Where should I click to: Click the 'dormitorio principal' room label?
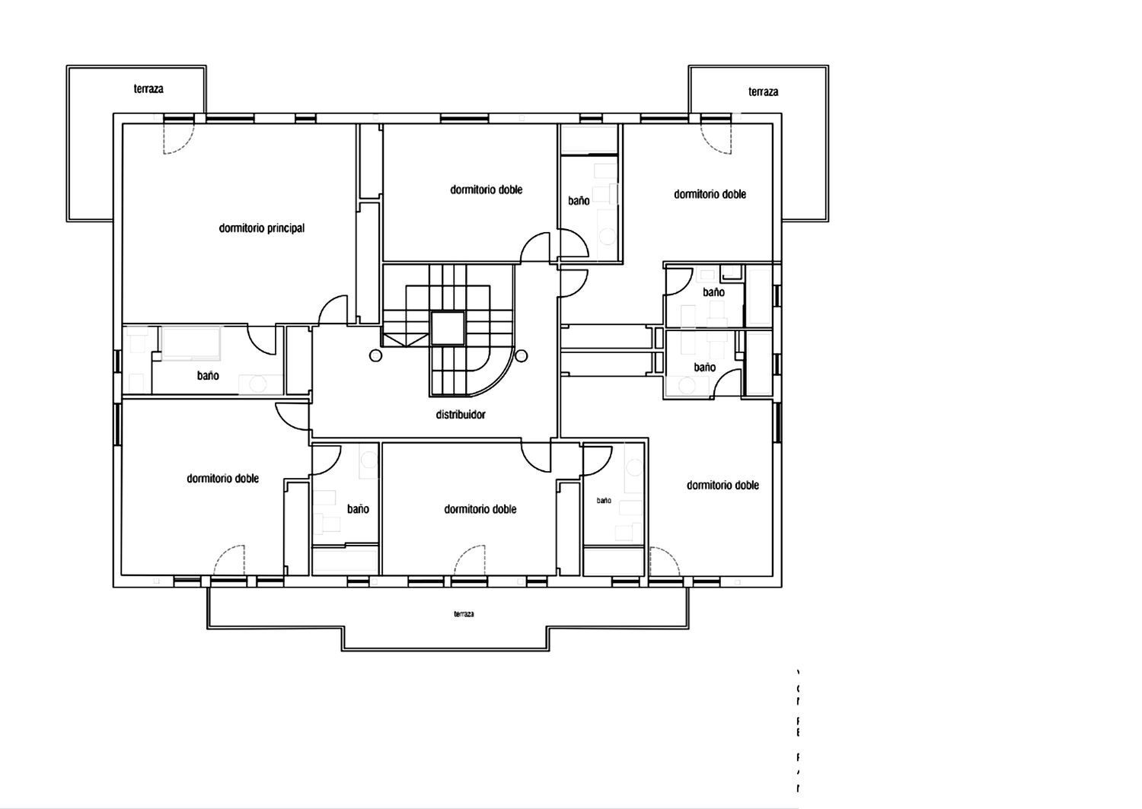point(261,228)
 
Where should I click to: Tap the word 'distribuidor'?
point(460,415)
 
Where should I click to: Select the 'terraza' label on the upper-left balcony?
point(148,89)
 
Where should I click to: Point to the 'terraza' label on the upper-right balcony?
point(763,92)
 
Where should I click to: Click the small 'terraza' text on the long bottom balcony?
point(464,614)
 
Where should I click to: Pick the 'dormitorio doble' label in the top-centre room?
point(486,190)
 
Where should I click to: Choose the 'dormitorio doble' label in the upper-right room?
point(710,194)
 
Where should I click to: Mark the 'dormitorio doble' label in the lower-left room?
point(222,479)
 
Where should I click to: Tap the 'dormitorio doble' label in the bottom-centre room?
point(480,509)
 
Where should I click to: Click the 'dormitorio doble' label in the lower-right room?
point(723,486)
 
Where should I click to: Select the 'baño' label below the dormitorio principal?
point(208,376)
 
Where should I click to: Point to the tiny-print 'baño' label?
point(604,501)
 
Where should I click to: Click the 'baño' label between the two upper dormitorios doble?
point(579,201)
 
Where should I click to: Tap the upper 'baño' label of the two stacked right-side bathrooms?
point(713,292)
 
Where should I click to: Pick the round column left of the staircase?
point(375,355)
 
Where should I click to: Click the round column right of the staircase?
point(522,355)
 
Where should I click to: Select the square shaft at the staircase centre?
point(447,328)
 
